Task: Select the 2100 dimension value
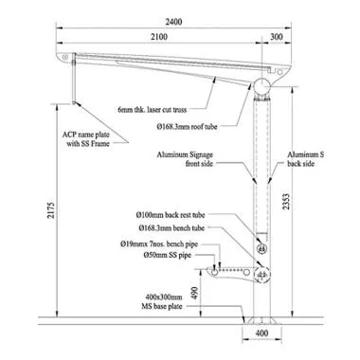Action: [x=157, y=36]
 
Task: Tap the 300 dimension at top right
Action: [x=276, y=36]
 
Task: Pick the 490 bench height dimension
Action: [x=195, y=294]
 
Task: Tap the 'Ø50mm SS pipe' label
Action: [x=180, y=256]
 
